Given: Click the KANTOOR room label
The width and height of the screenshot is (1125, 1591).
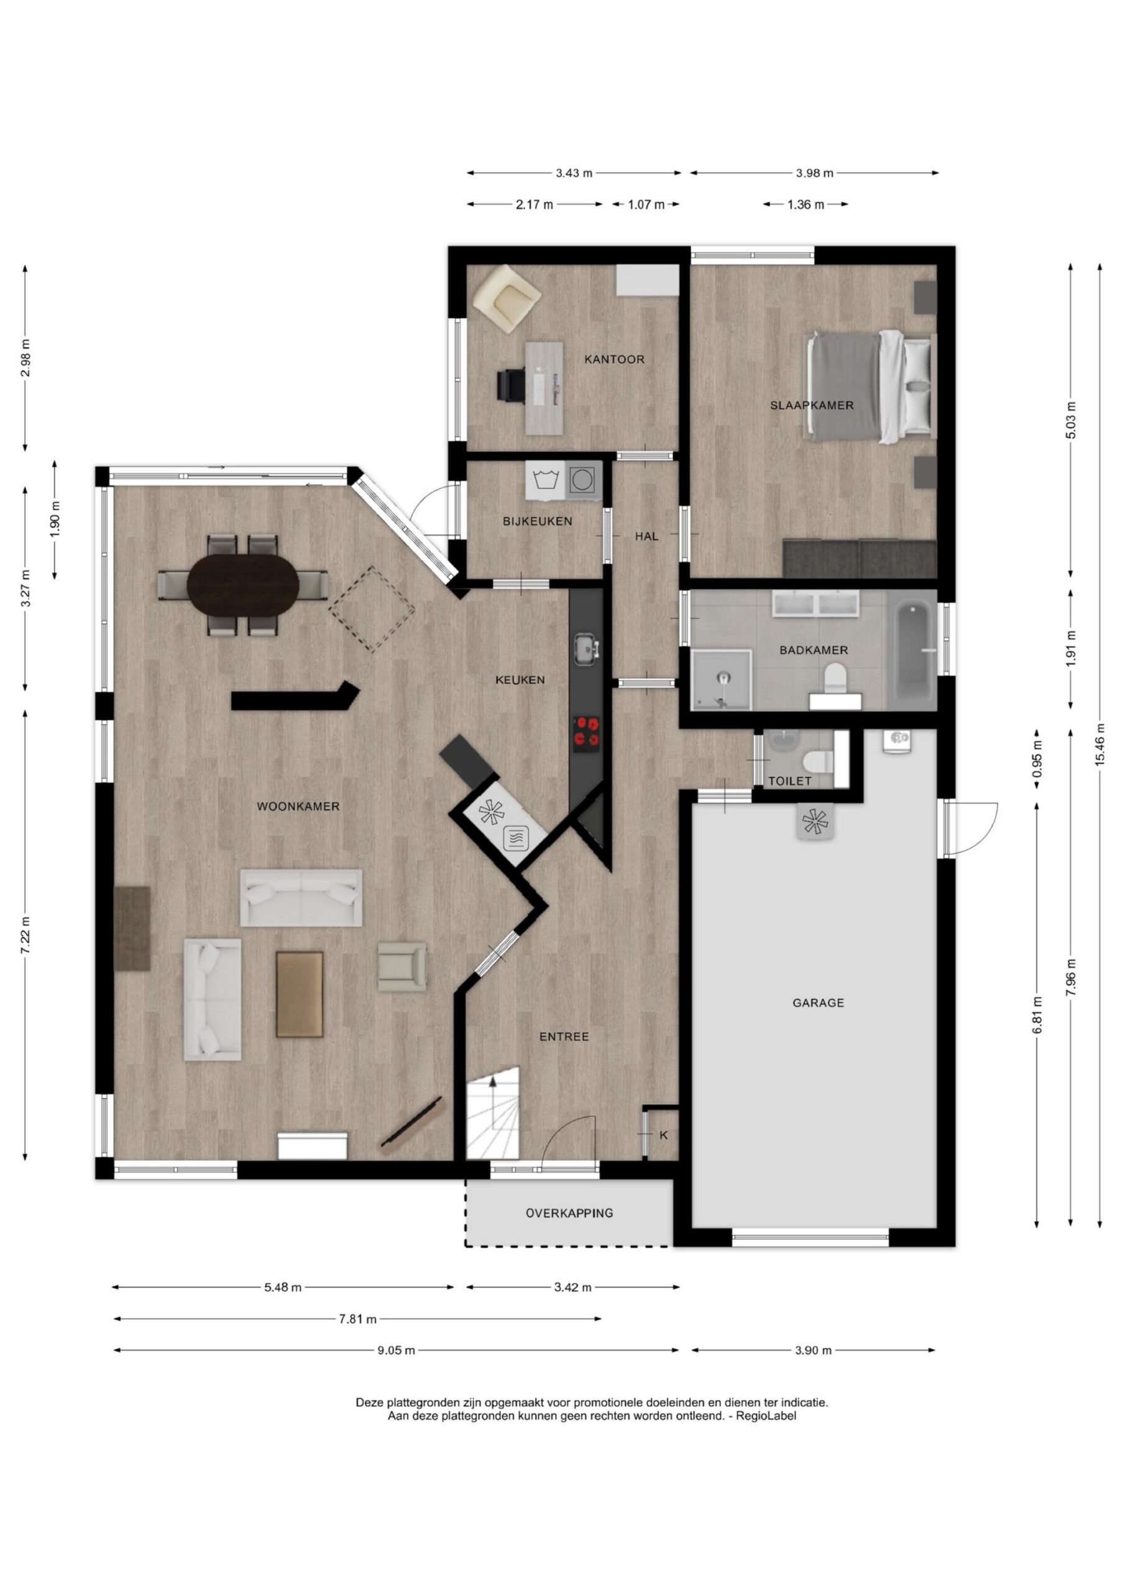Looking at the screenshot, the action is point(614,359).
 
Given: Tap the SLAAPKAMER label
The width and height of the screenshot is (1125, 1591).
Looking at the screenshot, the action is point(812,405).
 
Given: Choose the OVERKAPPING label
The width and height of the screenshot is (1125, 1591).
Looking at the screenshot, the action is point(569,1213).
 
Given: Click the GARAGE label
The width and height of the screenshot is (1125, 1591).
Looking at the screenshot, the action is point(818,1002).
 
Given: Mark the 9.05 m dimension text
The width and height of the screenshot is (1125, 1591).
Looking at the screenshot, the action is point(397,1349).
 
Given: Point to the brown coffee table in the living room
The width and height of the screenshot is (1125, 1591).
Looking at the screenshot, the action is point(300,994).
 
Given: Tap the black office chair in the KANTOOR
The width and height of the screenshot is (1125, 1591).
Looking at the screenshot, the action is point(512,385).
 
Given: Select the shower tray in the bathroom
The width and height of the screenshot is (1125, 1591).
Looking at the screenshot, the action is point(722,680).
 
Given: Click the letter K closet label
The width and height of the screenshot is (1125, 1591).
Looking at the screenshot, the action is point(663,1135).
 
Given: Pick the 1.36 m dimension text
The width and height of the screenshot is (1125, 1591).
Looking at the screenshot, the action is point(806,204).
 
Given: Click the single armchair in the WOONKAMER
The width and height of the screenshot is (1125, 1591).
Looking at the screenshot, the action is point(402,965).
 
